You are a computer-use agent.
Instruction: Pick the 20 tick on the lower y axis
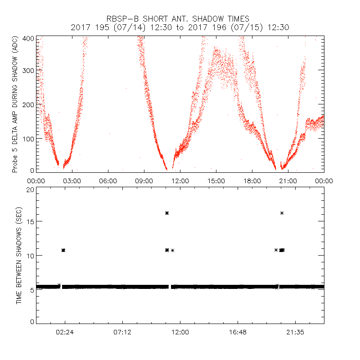click(x=30, y=190)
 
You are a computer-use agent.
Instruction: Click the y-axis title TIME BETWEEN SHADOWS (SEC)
click(x=19, y=256)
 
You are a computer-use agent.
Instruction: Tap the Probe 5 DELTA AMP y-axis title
click(x=14, y=105)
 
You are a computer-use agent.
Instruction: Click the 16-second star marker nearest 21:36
click(x=282, y=213)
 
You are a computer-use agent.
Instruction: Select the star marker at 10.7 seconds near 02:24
click(x=63, y=250)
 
